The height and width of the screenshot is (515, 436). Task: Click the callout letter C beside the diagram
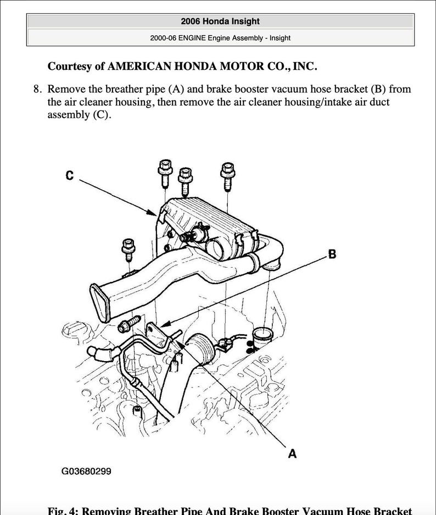point(69,175)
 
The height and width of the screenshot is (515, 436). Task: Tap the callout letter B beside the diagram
point(332,254)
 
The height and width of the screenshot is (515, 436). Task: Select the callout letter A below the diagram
point(292,453)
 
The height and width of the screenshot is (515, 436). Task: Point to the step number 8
point(37,89)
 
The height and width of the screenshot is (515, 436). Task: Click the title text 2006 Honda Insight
point(220,21)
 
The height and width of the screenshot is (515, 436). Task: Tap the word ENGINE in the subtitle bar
point(195,38)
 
